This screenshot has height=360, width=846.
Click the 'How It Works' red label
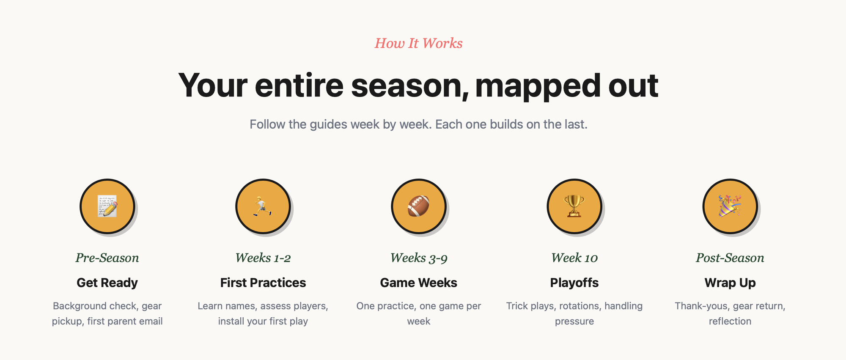pos(418,43)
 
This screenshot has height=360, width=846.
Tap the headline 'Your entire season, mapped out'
pos(418,86)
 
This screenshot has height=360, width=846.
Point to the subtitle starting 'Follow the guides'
pos(418,124)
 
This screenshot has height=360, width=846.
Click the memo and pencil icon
pos(107,206)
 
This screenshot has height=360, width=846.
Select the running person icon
pos(263,206)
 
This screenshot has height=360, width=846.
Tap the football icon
pos(418,206)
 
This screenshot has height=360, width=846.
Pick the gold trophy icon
pos(574,206)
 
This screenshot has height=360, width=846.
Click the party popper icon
pos(730,206)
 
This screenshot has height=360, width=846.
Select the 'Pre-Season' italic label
pos(107,258)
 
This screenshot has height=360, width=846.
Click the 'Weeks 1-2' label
pos(263,258)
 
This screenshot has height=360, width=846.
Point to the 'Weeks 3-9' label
pos(418,258)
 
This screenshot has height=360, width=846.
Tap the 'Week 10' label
pos(574,258)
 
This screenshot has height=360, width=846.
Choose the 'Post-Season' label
pos(730,258)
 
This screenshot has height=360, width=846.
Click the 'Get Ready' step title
pos(107,283)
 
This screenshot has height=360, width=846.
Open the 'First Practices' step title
pos(263,283)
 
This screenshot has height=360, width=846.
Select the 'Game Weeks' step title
pos(418,283)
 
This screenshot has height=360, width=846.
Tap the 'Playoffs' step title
pos(574,283)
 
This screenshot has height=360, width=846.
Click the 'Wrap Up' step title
pos(730,283)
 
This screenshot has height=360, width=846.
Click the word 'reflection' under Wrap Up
pos(730,321)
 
